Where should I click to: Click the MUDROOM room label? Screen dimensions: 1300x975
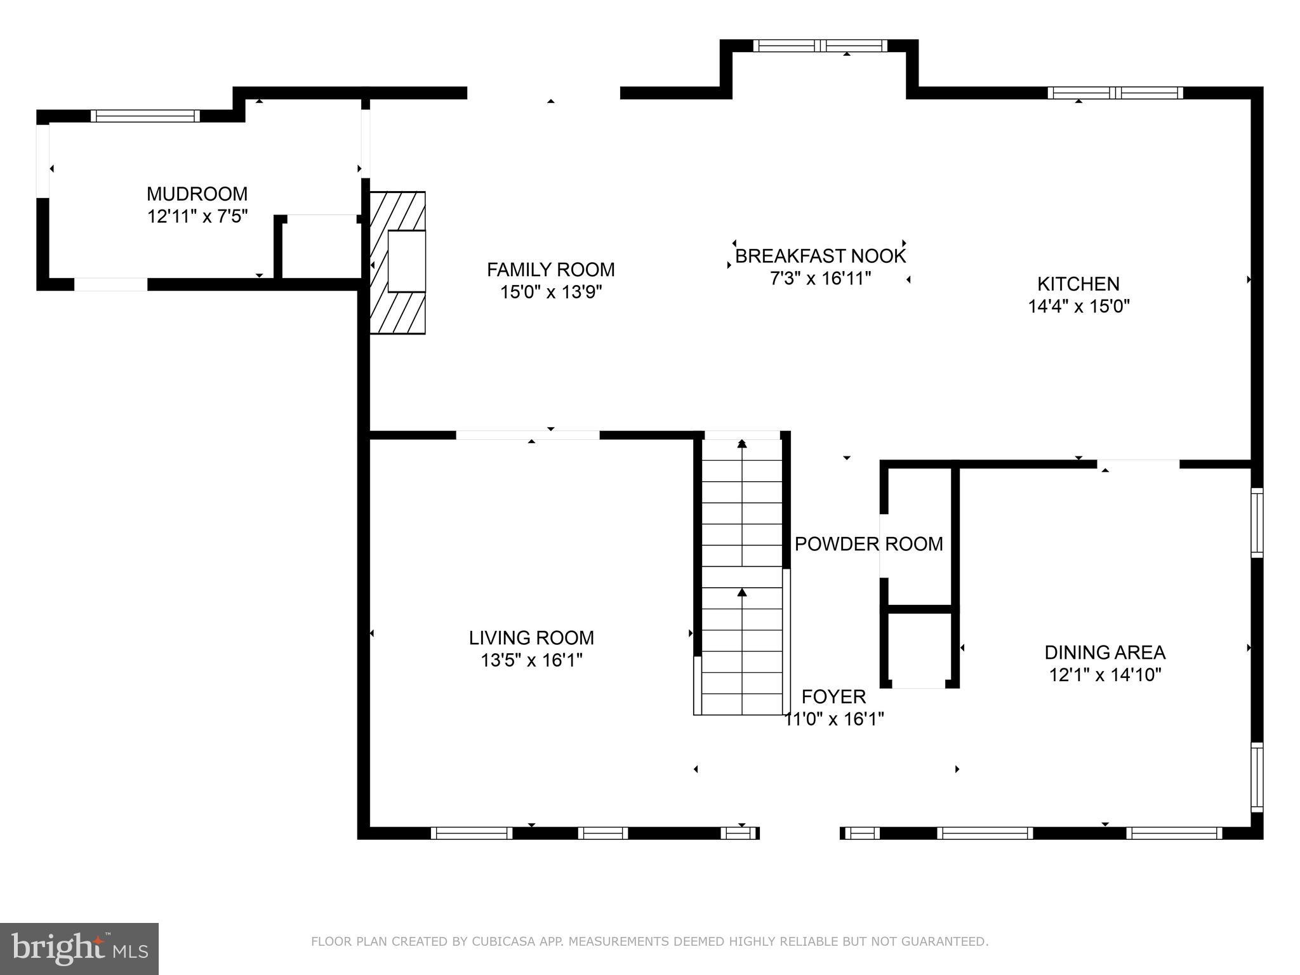coord(197,194)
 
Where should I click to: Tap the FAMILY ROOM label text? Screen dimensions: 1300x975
coord(551,270)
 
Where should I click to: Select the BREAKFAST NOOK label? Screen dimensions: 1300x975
coord(820,256)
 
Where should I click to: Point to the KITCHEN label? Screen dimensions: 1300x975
coord(1078,284)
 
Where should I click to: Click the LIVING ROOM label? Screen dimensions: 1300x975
coord(531,638)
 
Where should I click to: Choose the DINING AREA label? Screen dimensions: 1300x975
coord(1105,652)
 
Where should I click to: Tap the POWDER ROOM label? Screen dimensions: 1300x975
coord(869,544)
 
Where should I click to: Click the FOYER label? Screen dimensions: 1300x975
coord(833,697)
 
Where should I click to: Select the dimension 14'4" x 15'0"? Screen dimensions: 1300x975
coord(1079,307)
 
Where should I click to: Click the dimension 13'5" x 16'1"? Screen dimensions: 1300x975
coord(531,661)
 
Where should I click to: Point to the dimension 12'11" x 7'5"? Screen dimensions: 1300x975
coord(197,216)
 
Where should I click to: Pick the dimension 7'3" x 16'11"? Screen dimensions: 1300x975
coord(820,279)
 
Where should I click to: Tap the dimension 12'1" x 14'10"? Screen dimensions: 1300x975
coord(1105,675)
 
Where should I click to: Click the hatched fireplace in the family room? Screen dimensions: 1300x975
coord(398,263)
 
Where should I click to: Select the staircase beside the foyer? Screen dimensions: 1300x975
coord(742,575)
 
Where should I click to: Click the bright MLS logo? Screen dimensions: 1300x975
coord(79,949)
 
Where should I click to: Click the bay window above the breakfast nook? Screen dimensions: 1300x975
coord(819,46)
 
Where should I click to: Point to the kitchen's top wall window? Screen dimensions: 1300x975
coord(1115,93)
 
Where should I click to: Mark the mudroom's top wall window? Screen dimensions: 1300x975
coord(145,116)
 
